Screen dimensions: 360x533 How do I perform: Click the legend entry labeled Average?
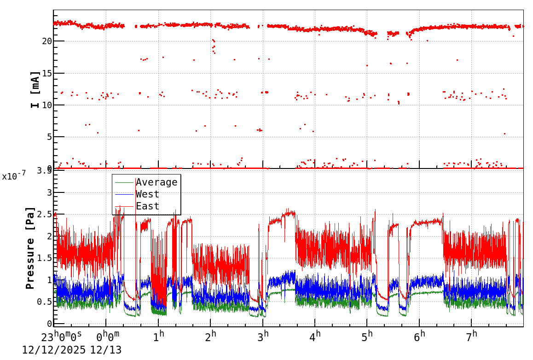(156, 182)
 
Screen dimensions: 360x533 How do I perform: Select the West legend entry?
(147, 194)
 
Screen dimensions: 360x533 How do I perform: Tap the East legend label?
(147, 206)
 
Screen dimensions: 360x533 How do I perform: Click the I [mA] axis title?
(35, 89)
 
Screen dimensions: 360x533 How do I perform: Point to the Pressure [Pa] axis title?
(30, 247)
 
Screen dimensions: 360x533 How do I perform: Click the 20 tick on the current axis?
(46, 41)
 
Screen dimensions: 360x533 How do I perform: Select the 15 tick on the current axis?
(46, 73)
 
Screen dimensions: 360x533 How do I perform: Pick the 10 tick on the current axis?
(46, 105)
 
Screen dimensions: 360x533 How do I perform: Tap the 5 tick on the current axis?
(48, 137)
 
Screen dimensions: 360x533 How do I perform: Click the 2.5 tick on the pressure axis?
(44, 215)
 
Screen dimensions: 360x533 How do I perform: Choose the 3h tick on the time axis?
(263, 336)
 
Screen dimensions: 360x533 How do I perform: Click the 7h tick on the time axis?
(472, 336)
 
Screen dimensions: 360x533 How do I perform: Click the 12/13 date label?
(106, 350)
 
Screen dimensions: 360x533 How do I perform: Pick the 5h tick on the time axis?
(368, 336)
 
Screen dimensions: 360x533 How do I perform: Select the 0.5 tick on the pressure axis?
(44, 302)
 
